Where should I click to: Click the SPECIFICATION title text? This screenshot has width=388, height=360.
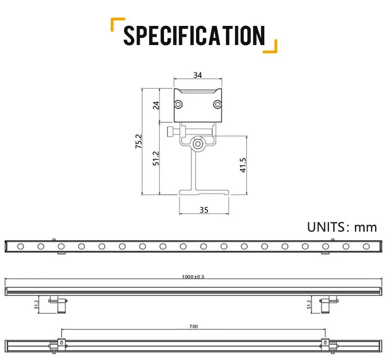tap(194, 36)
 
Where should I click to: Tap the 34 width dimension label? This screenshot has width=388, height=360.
tap(197, 75)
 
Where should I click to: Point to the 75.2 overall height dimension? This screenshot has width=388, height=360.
tap(138, 141)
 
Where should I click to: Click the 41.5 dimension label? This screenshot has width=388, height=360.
tap(243, 165)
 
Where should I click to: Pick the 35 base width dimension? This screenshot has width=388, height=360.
tap(203, 210)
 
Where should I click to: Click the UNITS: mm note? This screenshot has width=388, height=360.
tap(341, 227)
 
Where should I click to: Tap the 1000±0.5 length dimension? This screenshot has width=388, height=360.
tap(194, 277)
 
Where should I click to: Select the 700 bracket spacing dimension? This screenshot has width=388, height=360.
tap(193, 327)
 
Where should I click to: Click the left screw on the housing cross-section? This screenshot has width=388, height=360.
tap(178, 105)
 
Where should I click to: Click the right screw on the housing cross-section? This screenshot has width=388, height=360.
tap(217, 105)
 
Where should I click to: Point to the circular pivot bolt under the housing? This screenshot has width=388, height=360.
tap(198, 143)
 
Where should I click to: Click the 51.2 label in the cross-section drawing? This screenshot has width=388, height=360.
tap(156, 158)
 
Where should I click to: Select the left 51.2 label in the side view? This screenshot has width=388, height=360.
tap(36, 304)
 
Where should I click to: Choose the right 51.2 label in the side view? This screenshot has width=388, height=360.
tap(310, 304)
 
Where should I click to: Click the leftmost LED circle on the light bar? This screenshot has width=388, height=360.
tap(20, 246)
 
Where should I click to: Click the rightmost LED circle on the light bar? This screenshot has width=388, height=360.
tap(366, 246)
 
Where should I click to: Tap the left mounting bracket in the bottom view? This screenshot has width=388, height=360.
tap(61, 343)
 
